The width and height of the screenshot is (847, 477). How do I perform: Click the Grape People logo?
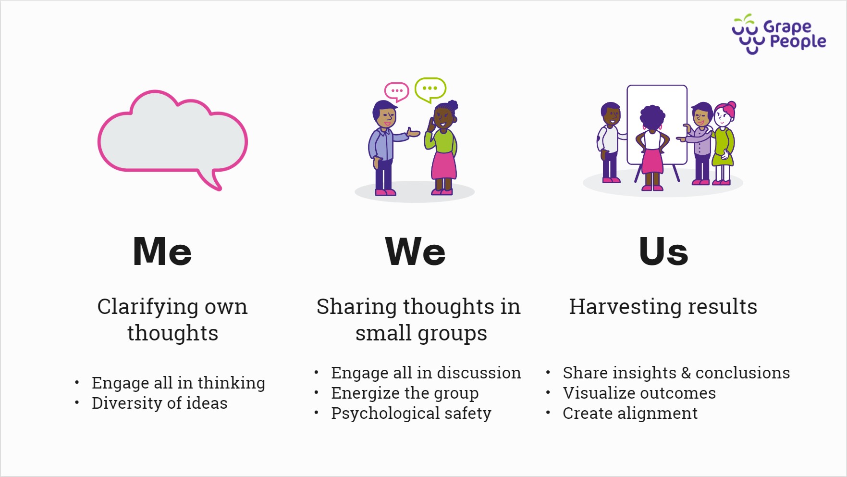click(x=779, y=34)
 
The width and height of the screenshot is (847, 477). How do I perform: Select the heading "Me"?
click(x=162, y=251)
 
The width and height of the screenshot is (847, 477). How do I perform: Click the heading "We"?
click(x=416, y=251)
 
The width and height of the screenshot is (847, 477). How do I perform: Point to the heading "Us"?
click(x=663, y=251)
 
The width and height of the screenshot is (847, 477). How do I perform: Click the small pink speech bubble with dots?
click(x=396, y=91)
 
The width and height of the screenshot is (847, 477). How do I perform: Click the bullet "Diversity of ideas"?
click(x=160, y=403)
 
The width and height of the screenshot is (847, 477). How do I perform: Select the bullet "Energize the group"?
click(x=405, y=393)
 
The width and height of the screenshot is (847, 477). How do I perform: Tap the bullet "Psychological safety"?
click(x=411, y=414)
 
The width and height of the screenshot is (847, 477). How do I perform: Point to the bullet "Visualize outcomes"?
click(x=639, y=393)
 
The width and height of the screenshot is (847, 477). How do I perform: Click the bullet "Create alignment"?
click(x=630, y=414)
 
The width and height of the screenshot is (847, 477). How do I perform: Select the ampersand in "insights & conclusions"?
click(x=686, y=373)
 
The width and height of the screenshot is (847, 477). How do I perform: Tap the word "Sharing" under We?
click(x=356, y=307)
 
